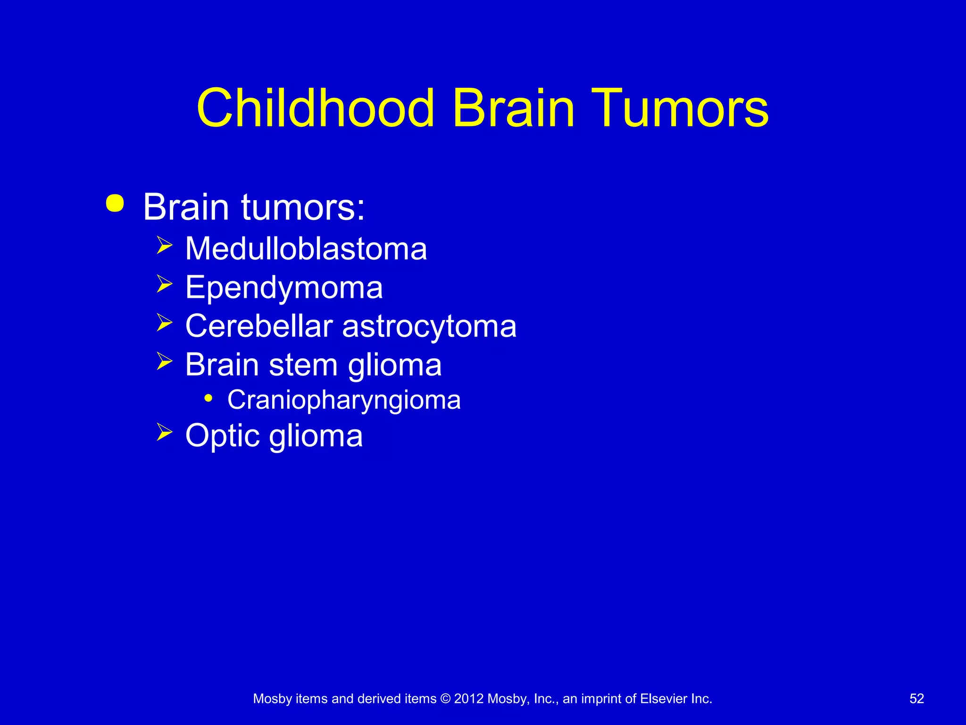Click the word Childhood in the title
(x=315, y=108)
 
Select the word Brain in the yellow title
(x=513, y=108)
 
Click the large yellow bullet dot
(x=115, y=203)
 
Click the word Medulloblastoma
(x=306, y=248)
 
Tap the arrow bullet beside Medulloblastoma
(x=164, y=245)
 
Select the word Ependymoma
(x=284, y=287)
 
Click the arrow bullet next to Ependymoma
(x=164, y=284)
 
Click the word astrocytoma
(x=429, y=327)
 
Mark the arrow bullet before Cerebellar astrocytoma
(x=164, y=323)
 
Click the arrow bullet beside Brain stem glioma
(x=164, y=362)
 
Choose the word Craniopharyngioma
(x=344, y=400)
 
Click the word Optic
(x=223, y=435)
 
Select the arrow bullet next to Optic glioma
(x=164, y=432)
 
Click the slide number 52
(x=916, y=699)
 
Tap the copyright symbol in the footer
(x=445, y=699)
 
